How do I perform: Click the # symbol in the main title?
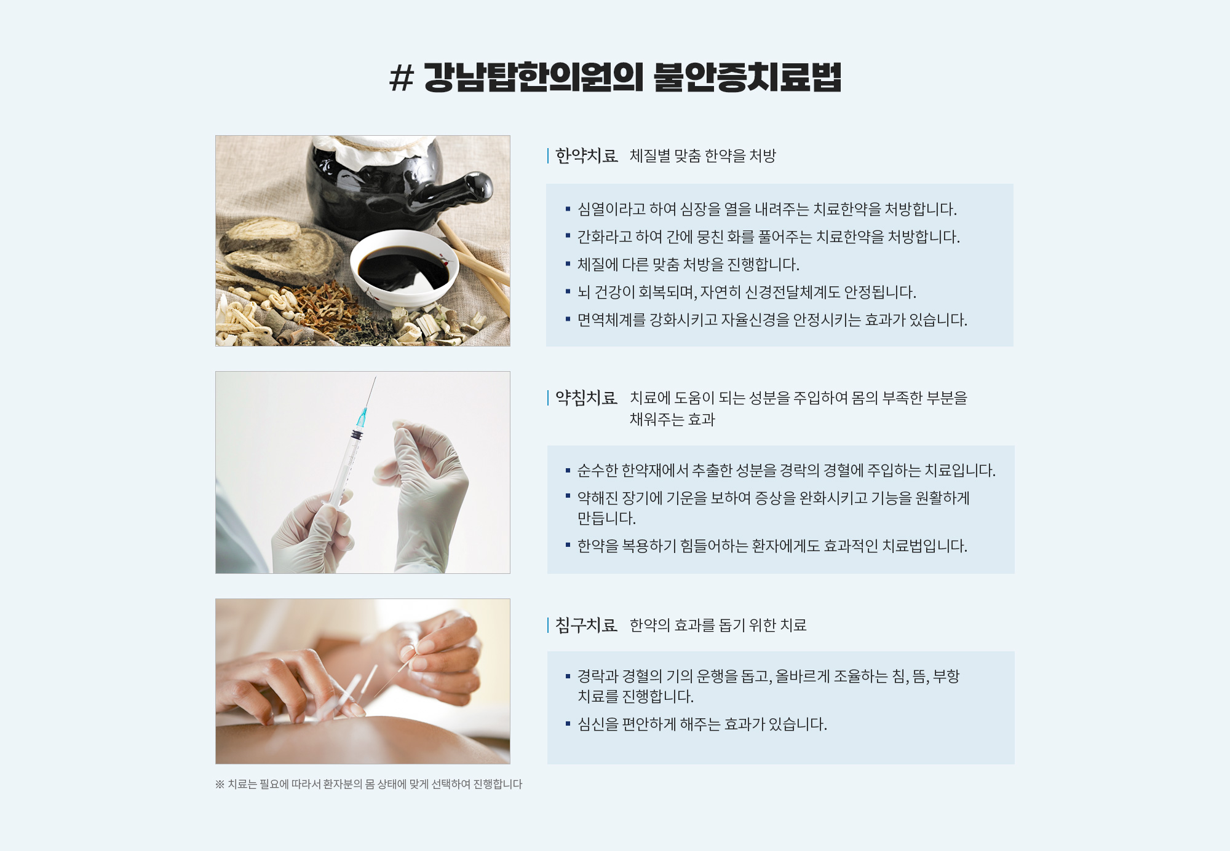coord(402,78)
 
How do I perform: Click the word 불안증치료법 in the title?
coord(747,77)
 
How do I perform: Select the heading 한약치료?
coord(586,156)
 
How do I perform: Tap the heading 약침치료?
coord(586,398)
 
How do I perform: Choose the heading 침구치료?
coord(586,626)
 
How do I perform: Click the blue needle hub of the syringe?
coord(362,417)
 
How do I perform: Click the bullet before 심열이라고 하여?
coord(568,210)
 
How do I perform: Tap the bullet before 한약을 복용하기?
coord(568,545)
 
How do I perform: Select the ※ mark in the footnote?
coord(220,785)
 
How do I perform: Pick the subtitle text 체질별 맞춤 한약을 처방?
coord(703,156)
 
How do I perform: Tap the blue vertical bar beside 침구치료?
coord(548,626)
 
